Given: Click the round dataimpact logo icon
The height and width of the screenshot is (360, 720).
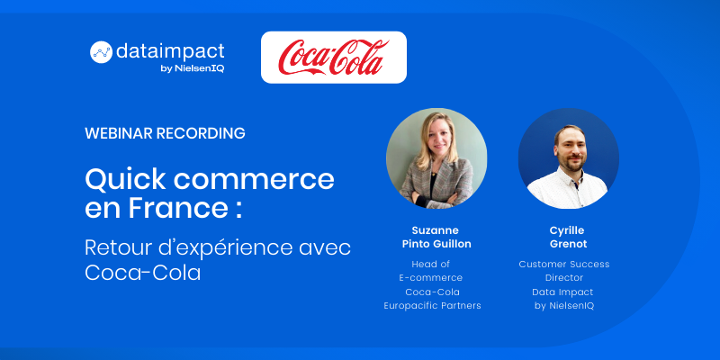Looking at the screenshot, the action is coord(101,52).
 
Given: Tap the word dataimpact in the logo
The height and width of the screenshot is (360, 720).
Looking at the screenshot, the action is coord(170,51).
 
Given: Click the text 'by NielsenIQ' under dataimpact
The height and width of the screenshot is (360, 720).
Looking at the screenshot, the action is coord(195,69).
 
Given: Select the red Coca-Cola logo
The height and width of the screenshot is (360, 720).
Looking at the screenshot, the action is coord(334,58).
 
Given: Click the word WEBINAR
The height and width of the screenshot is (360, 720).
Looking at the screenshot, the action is coord(119,133).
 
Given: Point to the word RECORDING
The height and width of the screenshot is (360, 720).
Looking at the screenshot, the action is coord(201,133).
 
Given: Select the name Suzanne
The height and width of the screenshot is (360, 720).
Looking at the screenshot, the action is coord(436,230).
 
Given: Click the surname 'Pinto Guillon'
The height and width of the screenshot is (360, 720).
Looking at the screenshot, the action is coord(436,244).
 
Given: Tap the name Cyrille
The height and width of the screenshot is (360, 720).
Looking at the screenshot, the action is coord(567,230).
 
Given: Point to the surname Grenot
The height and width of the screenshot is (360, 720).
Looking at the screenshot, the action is coord(569,244).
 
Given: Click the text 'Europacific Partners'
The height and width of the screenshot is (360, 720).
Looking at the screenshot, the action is coord(433,306).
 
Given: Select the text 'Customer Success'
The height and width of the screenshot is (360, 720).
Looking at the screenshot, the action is coord(564,264).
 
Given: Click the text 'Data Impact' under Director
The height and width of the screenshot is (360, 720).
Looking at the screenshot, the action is coord(563,292).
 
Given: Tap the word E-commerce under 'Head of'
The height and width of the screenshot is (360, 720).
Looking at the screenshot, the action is coord(431,278).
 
